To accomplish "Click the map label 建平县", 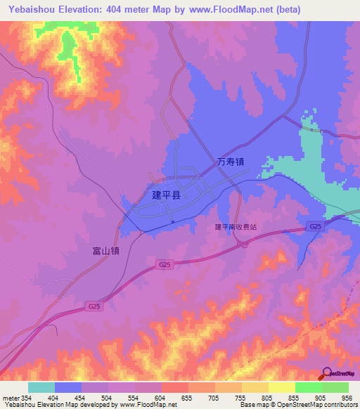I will coord(166,195).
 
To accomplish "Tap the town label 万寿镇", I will coord(230,162).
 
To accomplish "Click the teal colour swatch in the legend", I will coord(41,387).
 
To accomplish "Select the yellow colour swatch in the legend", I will coord(282,387).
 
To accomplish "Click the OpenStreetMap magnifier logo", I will coord(326,373).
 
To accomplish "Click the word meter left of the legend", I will coord(11,398).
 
